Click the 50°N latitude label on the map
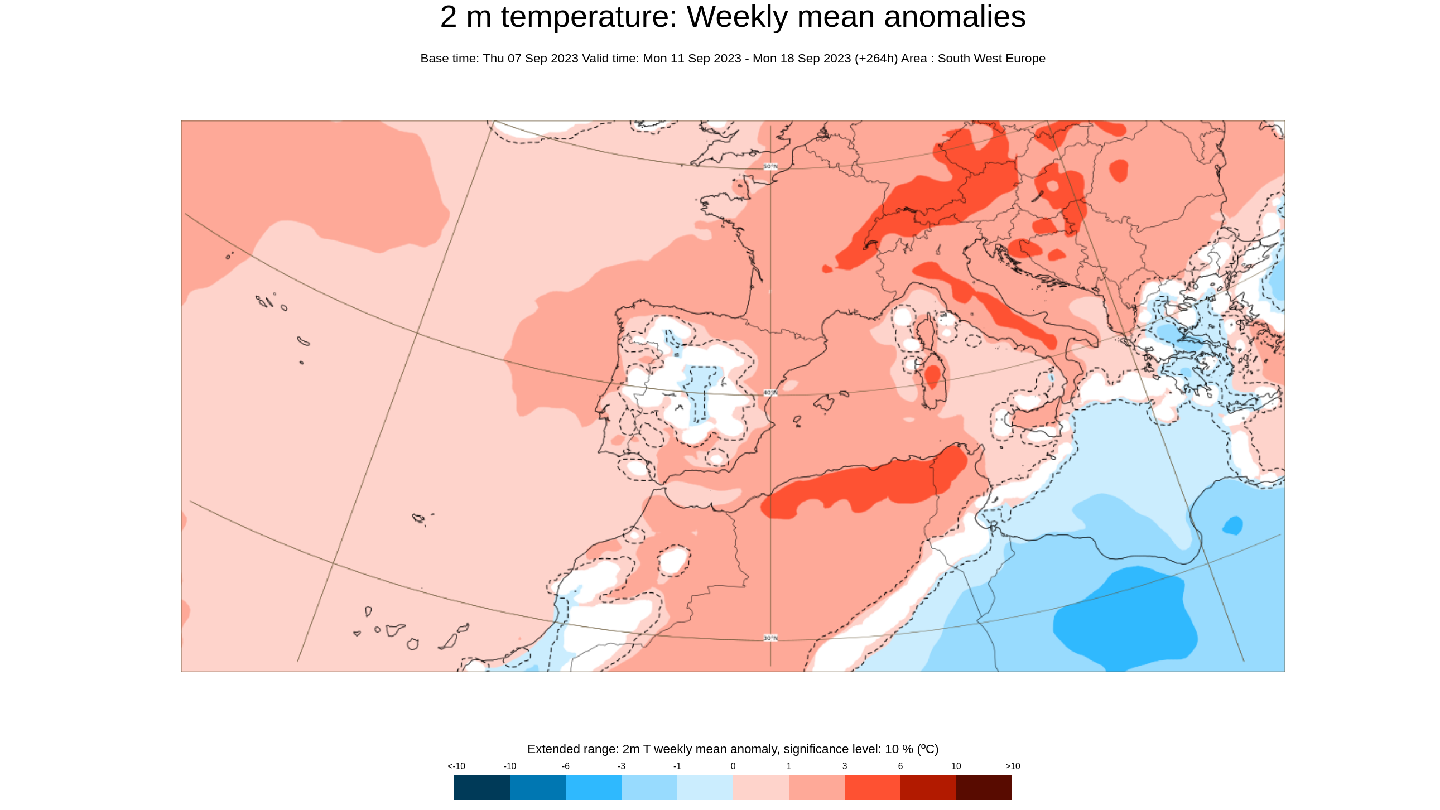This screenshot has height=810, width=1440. tap(770, 167)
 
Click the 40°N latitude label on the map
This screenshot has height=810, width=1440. tap(770, 393)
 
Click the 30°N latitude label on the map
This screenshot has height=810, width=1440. tap(770, 638)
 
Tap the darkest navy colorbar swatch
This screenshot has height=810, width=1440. tap(481, 787)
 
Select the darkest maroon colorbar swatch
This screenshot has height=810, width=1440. tap(983, 787)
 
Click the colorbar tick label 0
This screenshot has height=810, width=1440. tap(733, 766)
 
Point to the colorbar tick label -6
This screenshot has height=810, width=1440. tap(565, 766)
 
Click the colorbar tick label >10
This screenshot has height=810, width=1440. tap(1013, 766)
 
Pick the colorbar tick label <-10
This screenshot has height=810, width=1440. tap(456, 766)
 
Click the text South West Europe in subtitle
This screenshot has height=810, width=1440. tap(991, 59)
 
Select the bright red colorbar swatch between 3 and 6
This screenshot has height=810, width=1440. tap(872, 787)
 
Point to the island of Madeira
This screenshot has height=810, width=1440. tap(418, 518)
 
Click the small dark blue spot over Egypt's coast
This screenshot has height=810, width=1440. tap(1232, 525)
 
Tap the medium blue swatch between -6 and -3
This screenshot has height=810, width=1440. tap(593, 787)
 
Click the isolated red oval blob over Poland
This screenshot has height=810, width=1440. tap(1118, 170)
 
